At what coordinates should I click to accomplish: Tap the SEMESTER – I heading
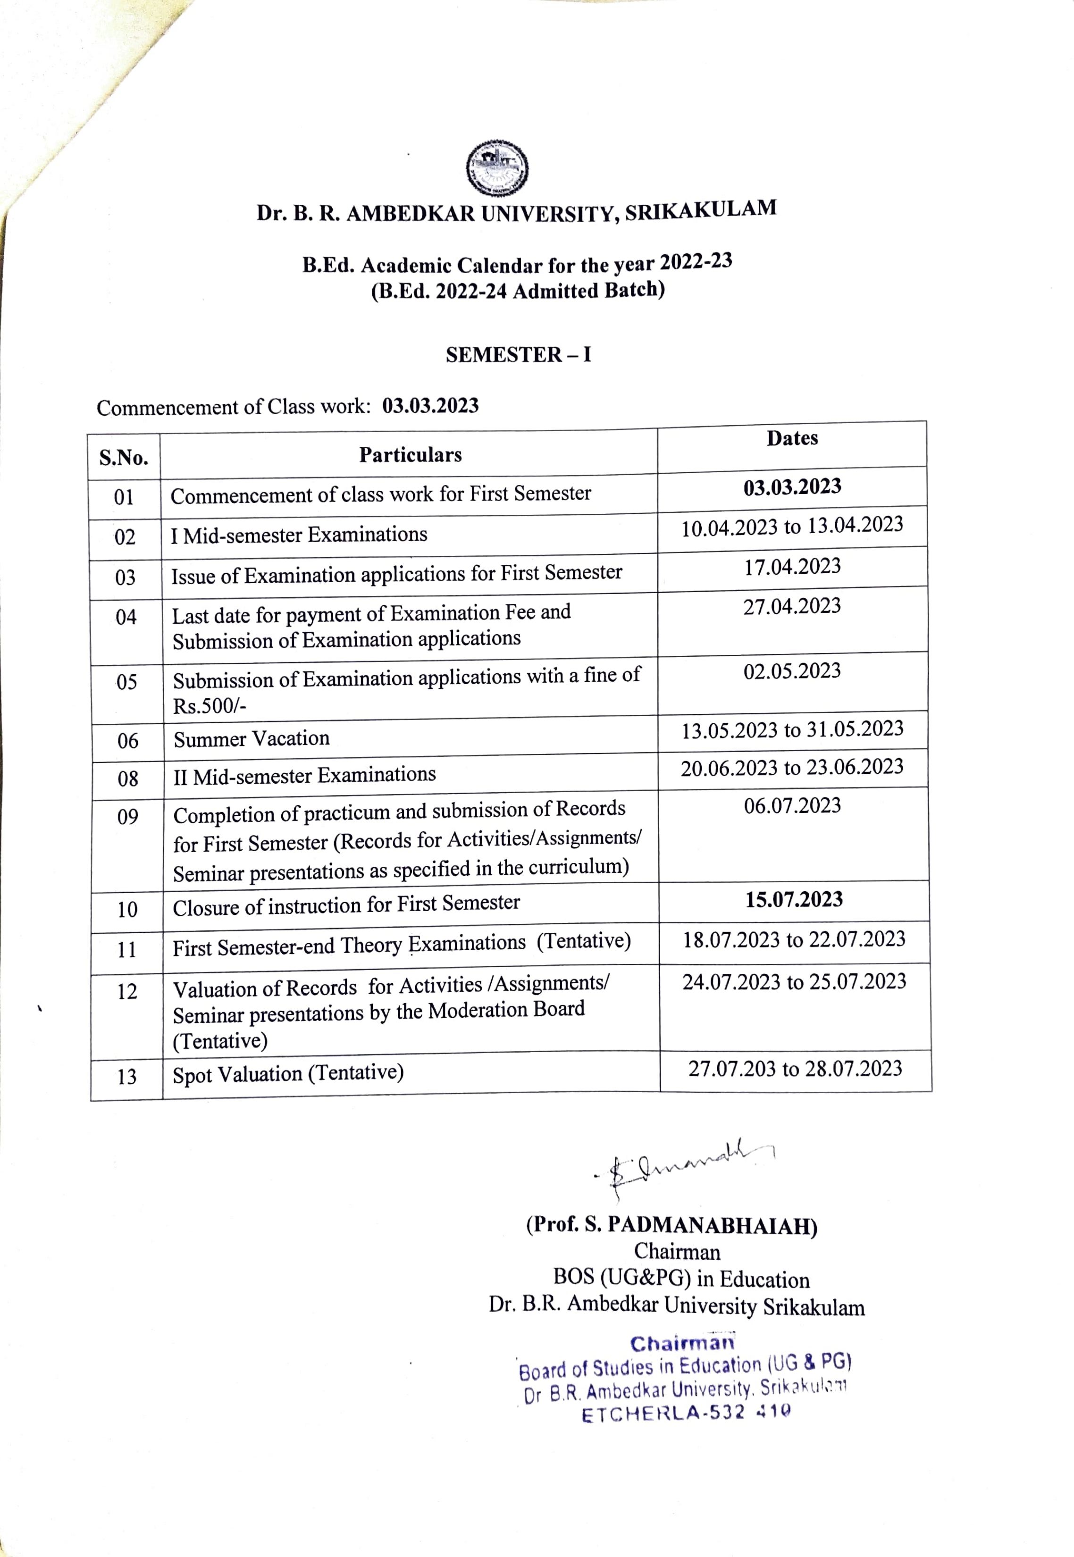[x=518, y=355]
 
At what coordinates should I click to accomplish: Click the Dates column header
[x=792, y=438]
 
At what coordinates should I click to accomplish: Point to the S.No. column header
[x=124, y=458]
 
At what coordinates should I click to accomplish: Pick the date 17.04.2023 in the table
[x=792, y=567]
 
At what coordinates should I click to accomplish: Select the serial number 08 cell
[x=128, y=778]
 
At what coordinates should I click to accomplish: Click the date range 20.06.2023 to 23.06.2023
[x=792, y=767]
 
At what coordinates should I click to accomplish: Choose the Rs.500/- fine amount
[x=210, y=706]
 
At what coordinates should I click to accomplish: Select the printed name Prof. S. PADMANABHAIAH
[x=671, y=1225]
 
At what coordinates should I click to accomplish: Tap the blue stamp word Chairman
[x=682, y=1344]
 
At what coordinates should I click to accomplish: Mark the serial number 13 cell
[x=127, y=1077]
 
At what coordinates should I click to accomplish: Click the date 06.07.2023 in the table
[x=792, y=805]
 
